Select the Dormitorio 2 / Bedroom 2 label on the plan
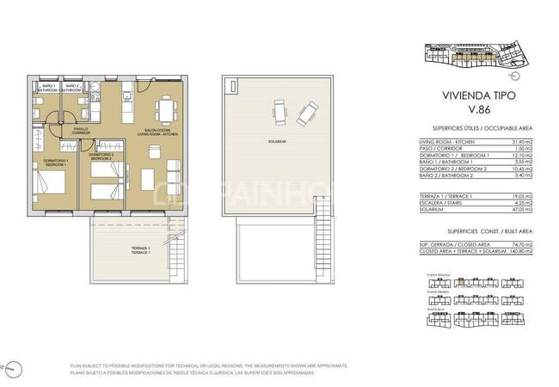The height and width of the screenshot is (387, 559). pyautogui.click(x=101, y=157)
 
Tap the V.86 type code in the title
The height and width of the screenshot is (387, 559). pyautogui.click(x=466, y=110)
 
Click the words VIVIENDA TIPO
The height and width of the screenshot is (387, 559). pyautogui.click(x=466, y=96)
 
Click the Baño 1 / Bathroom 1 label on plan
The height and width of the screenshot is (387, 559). pyautogui.click(x=48, y=88)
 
